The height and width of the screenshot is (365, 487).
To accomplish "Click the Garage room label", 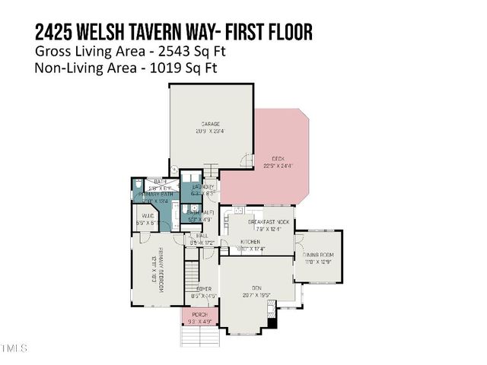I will point(211,124).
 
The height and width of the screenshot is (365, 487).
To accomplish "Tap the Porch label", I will point(199,315).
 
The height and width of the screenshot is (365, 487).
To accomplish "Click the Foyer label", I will point(203,290).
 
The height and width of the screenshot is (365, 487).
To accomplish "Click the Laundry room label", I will point(203,187).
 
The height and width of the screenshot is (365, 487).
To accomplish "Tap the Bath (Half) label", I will point(201,213).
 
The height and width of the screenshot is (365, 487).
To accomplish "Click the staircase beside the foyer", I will point(191,271).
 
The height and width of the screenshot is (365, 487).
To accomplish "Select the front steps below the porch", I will point(199,335).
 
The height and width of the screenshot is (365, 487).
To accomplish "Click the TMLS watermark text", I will point(14,349).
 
